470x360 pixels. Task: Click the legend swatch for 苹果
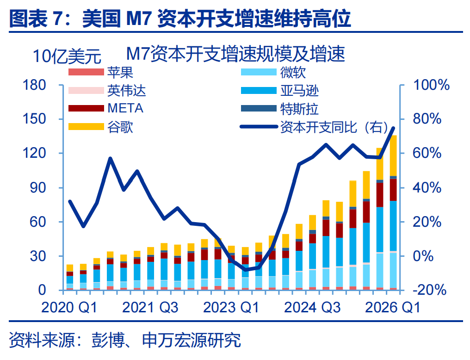pyautogui.click(x=86, y=72)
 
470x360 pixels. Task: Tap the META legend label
pyautogui.click(x=125, y=108)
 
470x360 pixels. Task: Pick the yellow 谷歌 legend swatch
pyautogui.click(x=86, y=126)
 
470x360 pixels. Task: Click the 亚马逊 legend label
pyautogui.click(x=299, y=91)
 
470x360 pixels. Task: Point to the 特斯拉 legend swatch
pyautogui.click(x=259, y=108)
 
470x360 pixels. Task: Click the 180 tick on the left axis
pyautogui.click(x=34, y=85)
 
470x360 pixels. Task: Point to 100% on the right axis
pyautogui.click(x=431, y=85)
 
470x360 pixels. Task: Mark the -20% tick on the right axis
pyautogui.click(x=430, y=290)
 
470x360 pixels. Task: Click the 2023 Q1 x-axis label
pyautogui.click(x=231, y=308)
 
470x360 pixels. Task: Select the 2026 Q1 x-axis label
pyautogui.click(x=392, y=308)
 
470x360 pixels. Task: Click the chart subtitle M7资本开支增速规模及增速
pyautogui.click(x=235, y=54)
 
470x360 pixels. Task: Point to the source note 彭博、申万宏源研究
pyautogui.click(x=166, y=340)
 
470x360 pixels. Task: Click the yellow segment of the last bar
pyautogui.click(x=393, y=155)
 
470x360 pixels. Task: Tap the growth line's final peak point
pyautogui.click(x=393, y=128)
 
